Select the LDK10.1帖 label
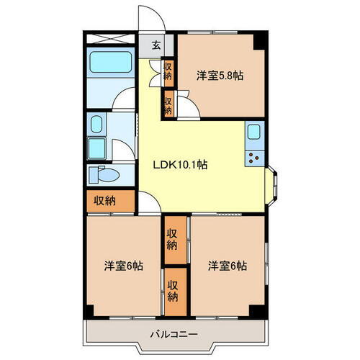(x=179, y=164)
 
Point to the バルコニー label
(x=175, y=333)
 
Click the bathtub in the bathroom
(x=109, y=64)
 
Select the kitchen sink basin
(x=255, y=132)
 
